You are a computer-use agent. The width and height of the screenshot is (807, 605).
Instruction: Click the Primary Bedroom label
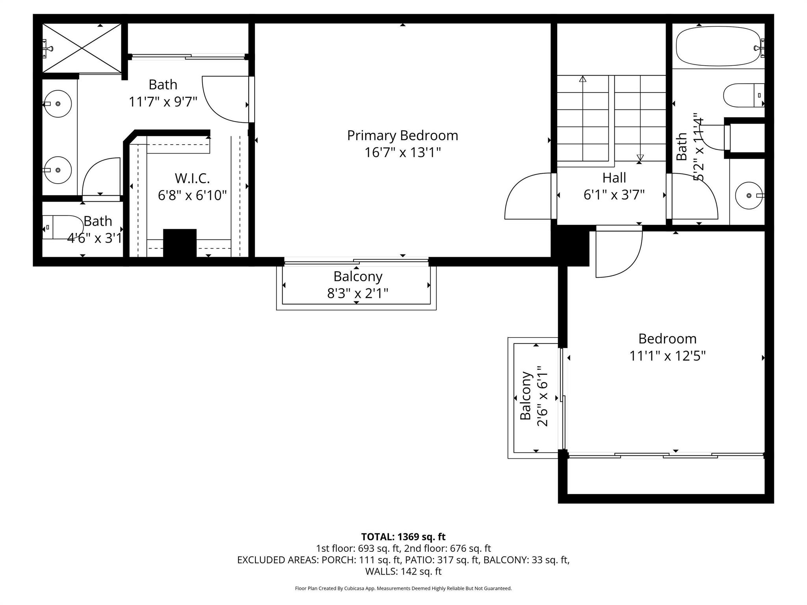click(402, 135)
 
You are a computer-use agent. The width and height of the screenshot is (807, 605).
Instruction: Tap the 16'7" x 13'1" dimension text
click(402, 152)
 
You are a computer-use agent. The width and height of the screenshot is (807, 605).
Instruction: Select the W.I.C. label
click(192, 178)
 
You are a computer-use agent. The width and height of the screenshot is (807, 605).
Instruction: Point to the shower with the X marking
click(82, 48)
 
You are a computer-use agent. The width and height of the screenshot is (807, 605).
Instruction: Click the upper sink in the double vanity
click(58, 104)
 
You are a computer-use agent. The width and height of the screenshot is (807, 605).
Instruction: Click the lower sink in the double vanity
click(58, 170)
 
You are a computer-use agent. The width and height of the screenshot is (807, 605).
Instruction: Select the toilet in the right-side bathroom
click(743, 95)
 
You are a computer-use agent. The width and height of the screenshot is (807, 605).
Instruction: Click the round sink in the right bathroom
click(749, 195)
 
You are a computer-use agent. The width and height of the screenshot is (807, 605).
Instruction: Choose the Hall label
click(614, 178)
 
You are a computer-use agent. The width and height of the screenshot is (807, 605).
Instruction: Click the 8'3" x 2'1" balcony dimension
click(357, 293)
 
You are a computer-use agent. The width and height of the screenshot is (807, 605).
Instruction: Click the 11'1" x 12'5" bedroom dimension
click(667, 356)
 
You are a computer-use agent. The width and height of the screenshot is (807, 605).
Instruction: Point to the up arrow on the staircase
click(582, 79)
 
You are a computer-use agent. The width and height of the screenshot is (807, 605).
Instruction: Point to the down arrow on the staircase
click(640, 157)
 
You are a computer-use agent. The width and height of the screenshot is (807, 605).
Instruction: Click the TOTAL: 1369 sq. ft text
click(403, 536)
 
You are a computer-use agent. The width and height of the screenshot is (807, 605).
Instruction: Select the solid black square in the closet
click(180, 243)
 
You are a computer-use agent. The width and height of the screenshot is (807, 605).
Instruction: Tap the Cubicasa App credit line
click(403, 588)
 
